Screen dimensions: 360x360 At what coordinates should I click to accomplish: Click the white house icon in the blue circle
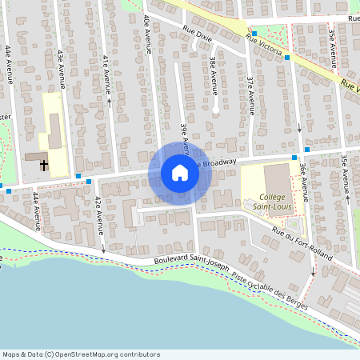click(180, 173)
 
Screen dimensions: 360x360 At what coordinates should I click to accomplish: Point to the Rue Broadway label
click(218, 162)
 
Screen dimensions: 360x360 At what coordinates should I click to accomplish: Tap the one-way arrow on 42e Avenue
click(102, 250)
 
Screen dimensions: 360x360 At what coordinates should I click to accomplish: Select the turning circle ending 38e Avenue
click(216, 109)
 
